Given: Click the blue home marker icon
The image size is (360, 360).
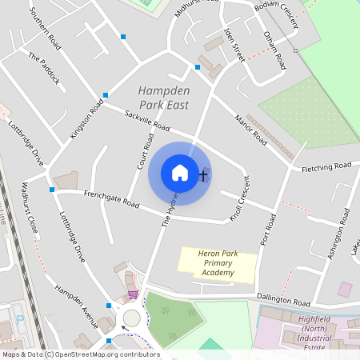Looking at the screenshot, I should click(x=179, y=173).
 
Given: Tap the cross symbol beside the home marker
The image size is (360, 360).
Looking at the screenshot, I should click(x=203, y=174).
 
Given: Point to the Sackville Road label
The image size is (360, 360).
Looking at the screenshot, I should click(x=147, y=121).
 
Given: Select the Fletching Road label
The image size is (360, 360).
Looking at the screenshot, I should click(x=326, y=167).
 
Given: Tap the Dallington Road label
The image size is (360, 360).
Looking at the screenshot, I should click(x=283, y=300).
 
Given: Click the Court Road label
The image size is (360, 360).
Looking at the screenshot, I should click(x=145, y=150).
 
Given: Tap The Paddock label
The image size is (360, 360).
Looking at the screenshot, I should click(x=43, y=68).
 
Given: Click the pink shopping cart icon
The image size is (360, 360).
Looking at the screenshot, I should click(x=132, y=294).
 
